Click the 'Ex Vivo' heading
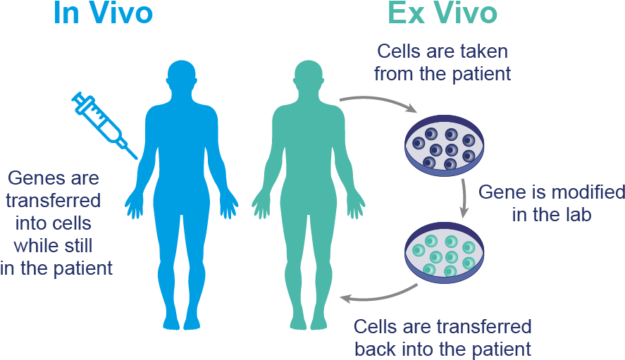tap(443, 14)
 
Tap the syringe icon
tap(104, 124)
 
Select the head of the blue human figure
tap(182, 77)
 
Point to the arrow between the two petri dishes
tap(463, 198)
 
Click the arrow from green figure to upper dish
tap(380, 103)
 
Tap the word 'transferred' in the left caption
tap(54, 201)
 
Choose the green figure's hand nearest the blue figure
tap(261, 205)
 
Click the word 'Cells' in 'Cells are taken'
tap(398, 52)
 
